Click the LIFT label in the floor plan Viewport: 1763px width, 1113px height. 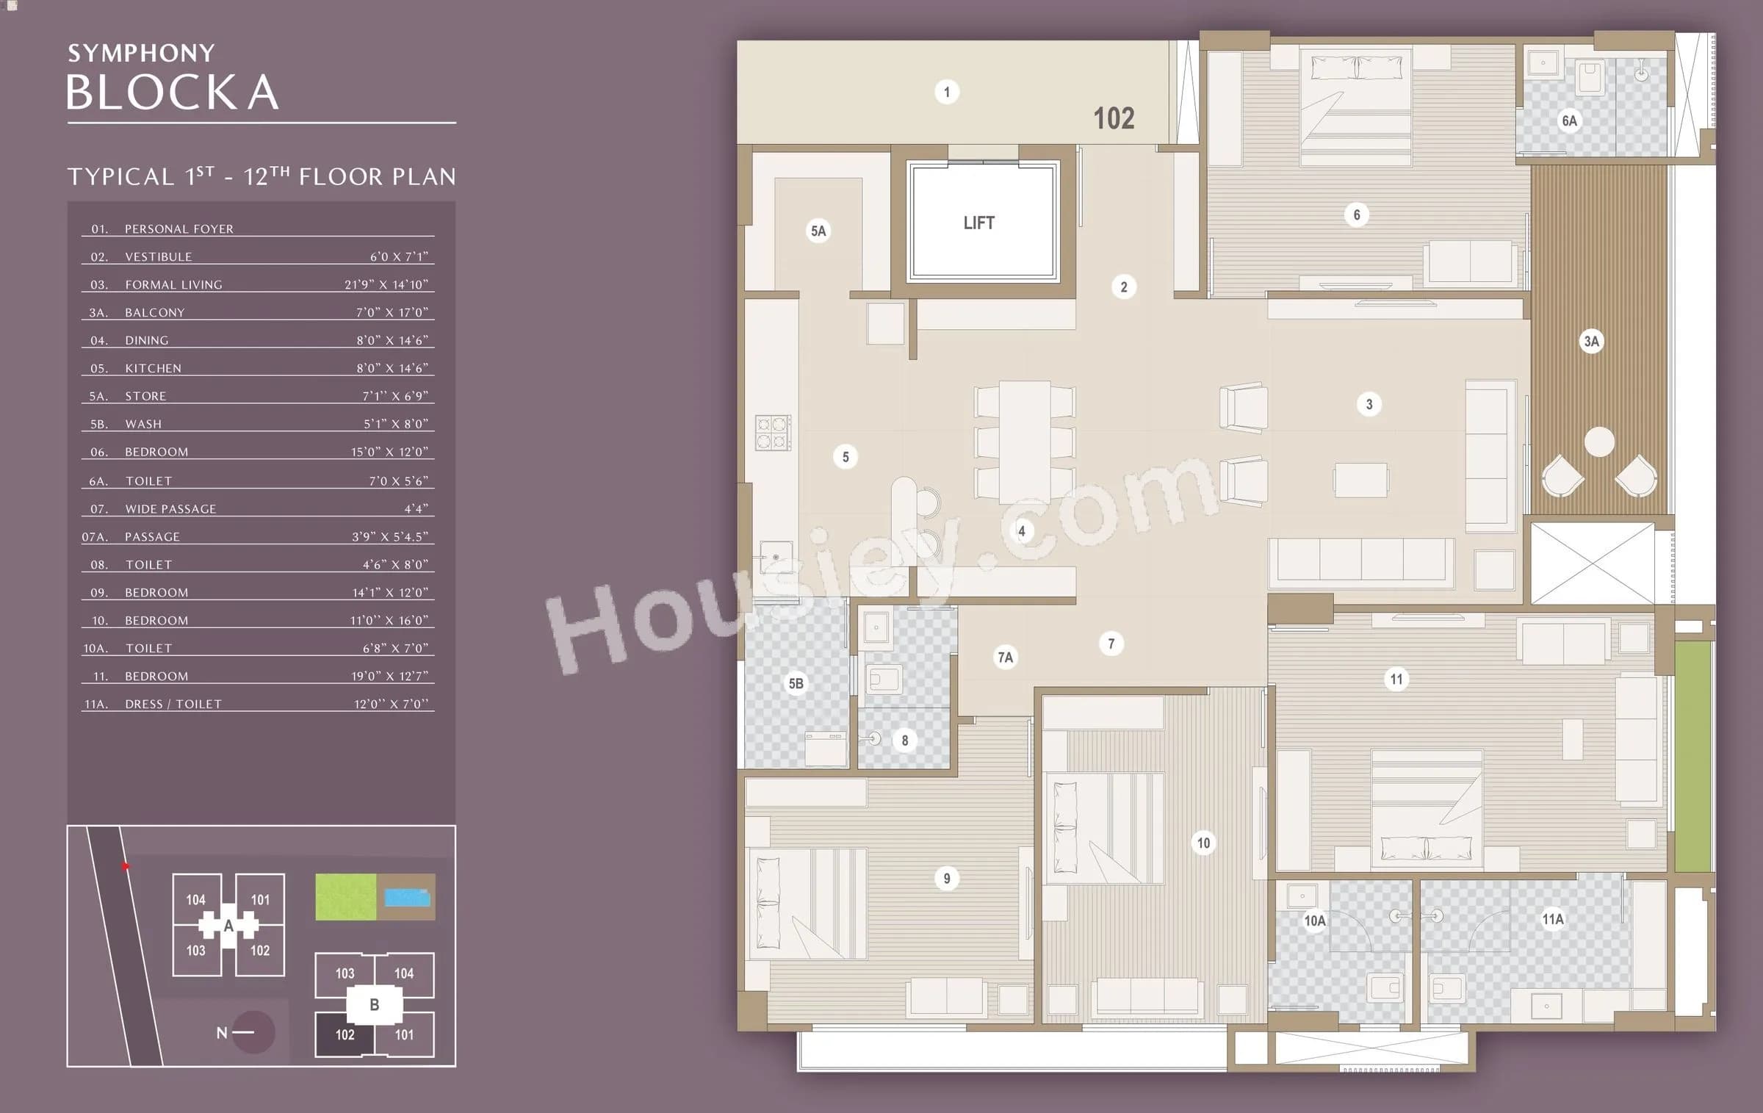tap(978, 223)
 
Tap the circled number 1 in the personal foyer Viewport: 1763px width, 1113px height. tap(946, 92)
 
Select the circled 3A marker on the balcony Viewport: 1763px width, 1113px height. tap(1591, 341)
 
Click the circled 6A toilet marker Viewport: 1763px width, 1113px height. tap(1569, 120)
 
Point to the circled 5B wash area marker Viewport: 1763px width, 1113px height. tap(796, 683)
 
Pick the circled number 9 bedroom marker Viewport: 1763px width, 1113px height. tap(946, 878)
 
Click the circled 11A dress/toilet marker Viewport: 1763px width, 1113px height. tap(1552, 919)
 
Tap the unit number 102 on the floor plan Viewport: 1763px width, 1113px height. tap(1114, 118)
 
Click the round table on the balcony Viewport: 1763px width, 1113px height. tap(1599, 442)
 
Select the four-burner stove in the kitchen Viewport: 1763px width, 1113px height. tap(773, 432)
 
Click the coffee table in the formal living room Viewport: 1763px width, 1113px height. tap(1360, 480)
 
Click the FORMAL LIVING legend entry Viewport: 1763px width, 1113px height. tap(173, 285)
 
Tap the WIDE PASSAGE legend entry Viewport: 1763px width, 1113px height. tap(170, 509)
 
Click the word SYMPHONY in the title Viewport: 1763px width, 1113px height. tap(141, 53)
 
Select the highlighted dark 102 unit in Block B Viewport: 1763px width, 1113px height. tap(345, 1034)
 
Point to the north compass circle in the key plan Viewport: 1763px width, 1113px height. tap(253, 1032)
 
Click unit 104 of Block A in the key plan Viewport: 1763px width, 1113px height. tap(195, 900)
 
